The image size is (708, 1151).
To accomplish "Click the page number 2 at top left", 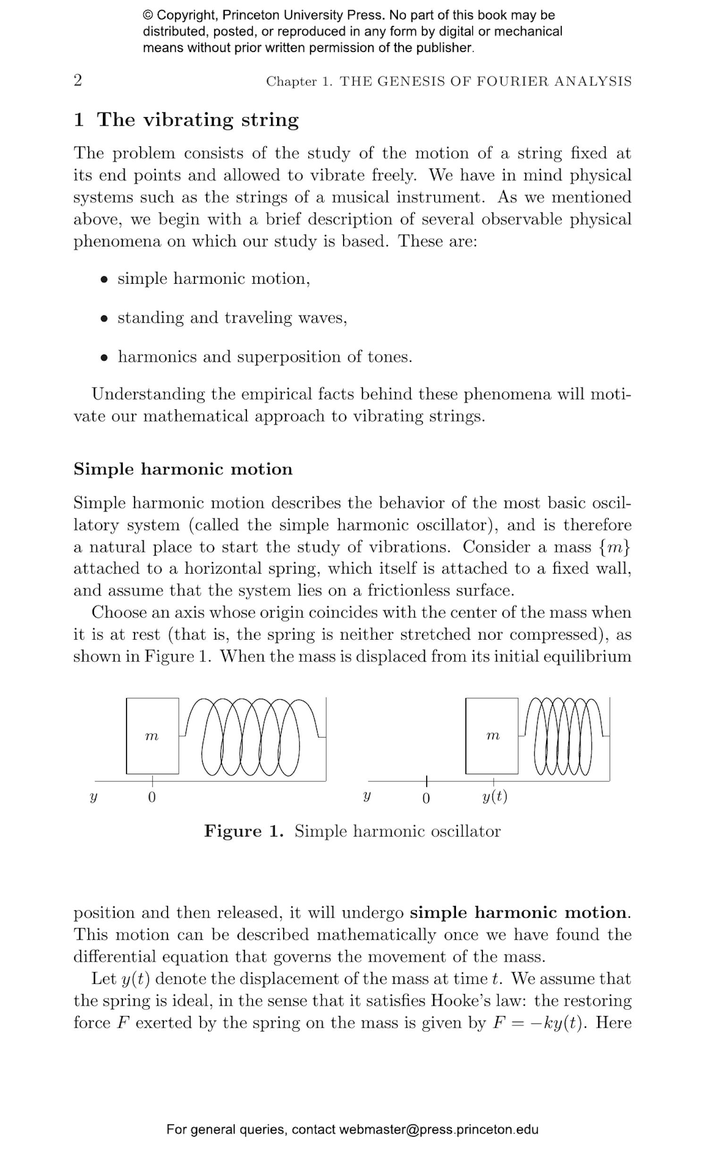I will [78, 80].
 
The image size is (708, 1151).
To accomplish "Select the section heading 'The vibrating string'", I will [198, 120].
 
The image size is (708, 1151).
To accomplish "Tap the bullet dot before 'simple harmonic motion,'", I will [104, 279].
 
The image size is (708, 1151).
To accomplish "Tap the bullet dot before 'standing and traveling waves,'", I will [104, 319].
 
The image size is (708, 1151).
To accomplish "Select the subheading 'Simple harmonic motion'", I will [183, 469].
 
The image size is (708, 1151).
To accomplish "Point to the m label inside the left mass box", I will [152, 736].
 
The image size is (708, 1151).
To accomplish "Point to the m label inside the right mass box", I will [492, 736].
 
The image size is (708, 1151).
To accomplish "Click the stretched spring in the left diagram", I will [250, 736].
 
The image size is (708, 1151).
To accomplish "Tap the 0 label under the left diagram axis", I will [152, 797].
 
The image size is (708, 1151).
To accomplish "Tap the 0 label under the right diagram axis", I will [426, 798].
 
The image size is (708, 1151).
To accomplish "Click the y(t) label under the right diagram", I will [494, 797].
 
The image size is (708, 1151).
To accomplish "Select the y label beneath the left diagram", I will [93, 797].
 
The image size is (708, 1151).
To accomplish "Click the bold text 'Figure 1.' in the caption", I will [244, 831].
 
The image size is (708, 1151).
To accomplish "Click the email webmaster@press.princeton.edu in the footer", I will [438, 1130].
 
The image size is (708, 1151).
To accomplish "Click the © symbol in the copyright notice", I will [148, 15].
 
